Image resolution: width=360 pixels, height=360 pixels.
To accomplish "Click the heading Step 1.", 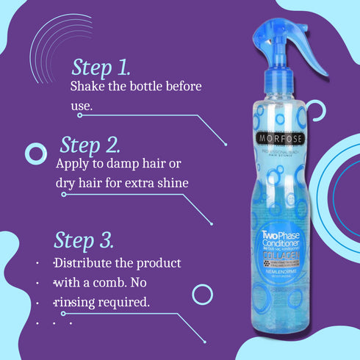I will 101,68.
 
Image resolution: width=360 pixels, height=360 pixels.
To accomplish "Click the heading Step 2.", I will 90,143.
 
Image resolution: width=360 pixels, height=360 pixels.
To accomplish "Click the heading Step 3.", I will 83,240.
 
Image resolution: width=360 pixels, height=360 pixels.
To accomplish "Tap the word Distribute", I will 83,262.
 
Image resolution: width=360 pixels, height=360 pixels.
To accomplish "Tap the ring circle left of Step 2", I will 36,153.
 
